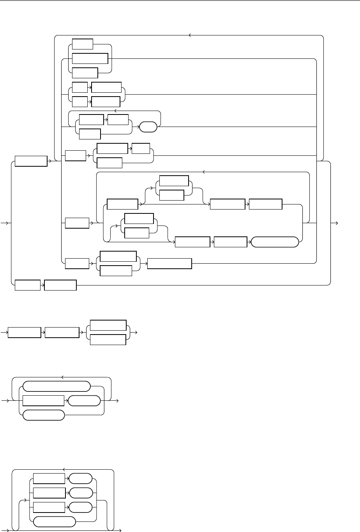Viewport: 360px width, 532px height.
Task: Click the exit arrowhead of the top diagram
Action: tap(337, 223)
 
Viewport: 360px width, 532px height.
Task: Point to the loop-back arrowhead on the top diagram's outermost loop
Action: tap(190, 35)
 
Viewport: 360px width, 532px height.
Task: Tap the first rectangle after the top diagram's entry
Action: tap(31, 161)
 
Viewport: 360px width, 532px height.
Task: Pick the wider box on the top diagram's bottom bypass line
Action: tap(61, 285)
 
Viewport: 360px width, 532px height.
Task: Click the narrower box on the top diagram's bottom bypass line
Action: tap(28, 285)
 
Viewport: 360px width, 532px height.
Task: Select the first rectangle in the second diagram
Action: tap(25, 333)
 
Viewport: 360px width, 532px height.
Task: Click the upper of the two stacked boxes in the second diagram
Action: tap(108, 326)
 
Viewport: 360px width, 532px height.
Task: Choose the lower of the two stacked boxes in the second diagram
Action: tap(108, 340)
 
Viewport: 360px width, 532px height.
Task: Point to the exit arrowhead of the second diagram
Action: tap(136, 333)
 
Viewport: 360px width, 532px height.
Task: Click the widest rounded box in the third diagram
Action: tap(56, 386)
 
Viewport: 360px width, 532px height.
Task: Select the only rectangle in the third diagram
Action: tap(43, 401)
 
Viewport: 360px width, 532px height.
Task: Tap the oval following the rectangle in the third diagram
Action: tap(84, 401)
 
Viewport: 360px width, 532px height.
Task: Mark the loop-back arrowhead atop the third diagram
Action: tap(62, 377)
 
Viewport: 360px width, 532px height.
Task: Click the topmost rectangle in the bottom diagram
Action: tap(49, 479)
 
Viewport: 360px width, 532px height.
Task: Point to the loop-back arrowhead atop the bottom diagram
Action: tap(64, 470)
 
